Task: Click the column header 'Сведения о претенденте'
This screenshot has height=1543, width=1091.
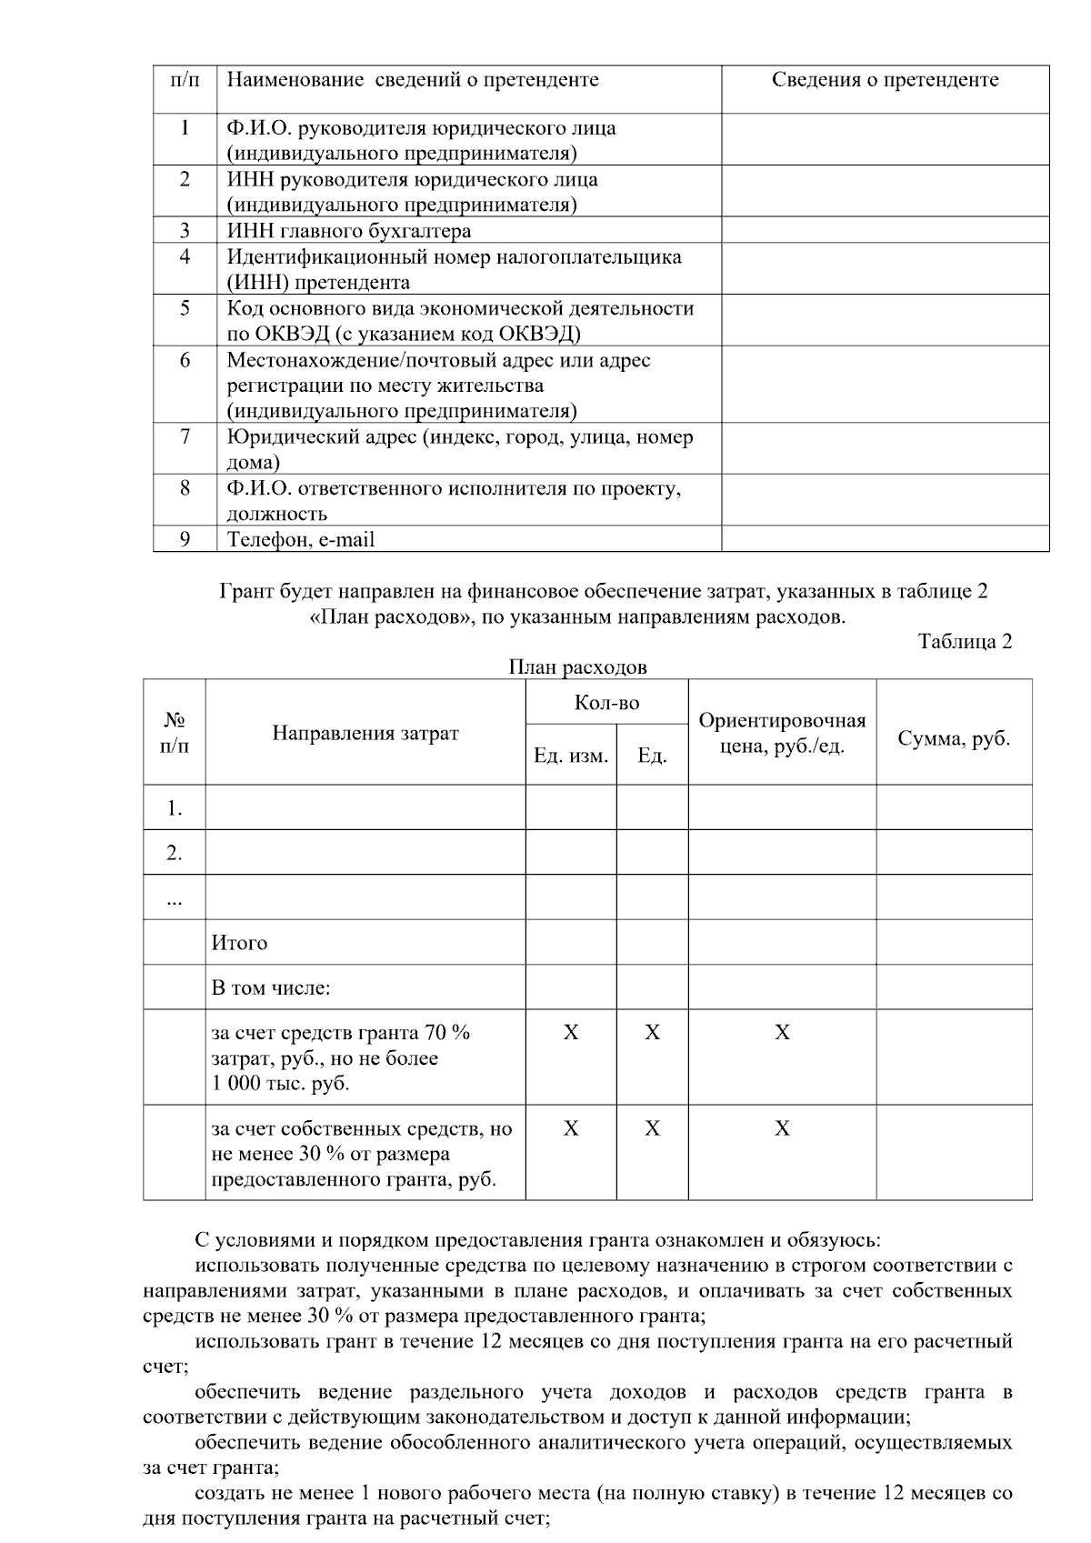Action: (x=885, y=80)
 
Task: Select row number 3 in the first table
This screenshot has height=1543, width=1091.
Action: (x=185, y=230)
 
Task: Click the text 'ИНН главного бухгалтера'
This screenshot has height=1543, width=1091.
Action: (x=348, y=231)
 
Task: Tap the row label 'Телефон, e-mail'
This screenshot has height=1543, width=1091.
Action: (x=300, y=540)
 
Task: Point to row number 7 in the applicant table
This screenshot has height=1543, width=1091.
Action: (x=185, y=437)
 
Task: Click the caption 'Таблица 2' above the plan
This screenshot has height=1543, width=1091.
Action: (x=965, y=642)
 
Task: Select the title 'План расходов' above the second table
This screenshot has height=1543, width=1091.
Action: (x=577, y=667)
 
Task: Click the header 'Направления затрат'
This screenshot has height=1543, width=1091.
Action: (x=365, y=733)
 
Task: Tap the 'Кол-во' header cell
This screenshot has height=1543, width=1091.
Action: (x=606, y=703)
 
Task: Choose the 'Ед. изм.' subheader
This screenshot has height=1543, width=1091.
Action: (x=571, y=756)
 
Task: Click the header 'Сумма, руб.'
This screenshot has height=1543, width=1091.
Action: (x=954, y=738)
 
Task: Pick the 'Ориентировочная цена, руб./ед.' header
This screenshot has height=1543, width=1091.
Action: (x=782, y=734)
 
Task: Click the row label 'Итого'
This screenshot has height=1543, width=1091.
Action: (x=239, y=943)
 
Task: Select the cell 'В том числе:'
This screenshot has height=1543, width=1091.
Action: (x=270, y=987)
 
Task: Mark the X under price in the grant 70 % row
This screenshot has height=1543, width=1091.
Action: (x=782, y=1033)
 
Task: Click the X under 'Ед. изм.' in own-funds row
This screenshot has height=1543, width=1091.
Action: (x=571, y=1128)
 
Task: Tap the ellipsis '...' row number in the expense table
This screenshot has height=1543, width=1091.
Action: (x=175, y=898)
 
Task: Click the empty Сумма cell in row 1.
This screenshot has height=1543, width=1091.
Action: (x=954, y=807)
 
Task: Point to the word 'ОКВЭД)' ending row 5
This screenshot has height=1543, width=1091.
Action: (x=545, y=334)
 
